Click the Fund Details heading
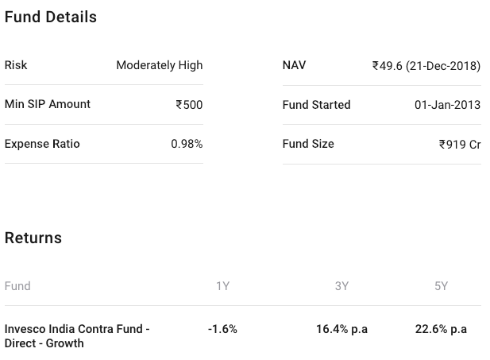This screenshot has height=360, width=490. coord(51,17)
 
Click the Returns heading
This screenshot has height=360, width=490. coord(33,238)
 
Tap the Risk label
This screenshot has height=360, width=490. coord(16,65)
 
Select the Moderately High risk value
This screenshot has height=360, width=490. coord(159,65)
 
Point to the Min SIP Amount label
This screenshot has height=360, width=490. coord(48,104)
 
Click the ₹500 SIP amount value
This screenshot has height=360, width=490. coord(189,105)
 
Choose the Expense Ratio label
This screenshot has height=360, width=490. coord(42,144)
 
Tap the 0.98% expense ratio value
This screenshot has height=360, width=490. coord(187,144)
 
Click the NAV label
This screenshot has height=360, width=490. coord(294,65)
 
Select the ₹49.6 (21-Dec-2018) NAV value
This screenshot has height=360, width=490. coord(426,66)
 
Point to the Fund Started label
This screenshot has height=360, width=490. coord(316,105)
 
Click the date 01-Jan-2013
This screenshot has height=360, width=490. coord(447,105)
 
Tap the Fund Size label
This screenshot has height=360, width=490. coord(308,144)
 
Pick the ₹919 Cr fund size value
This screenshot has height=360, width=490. coord(460,145)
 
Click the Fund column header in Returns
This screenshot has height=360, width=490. coord(17,286)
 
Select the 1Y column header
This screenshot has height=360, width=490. coord(222,286)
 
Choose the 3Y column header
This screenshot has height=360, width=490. coord(341,286)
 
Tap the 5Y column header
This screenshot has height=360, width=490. coord(441,286)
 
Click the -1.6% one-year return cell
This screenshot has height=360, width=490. coord(222,329)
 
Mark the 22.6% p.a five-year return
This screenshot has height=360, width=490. coord(441,329)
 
